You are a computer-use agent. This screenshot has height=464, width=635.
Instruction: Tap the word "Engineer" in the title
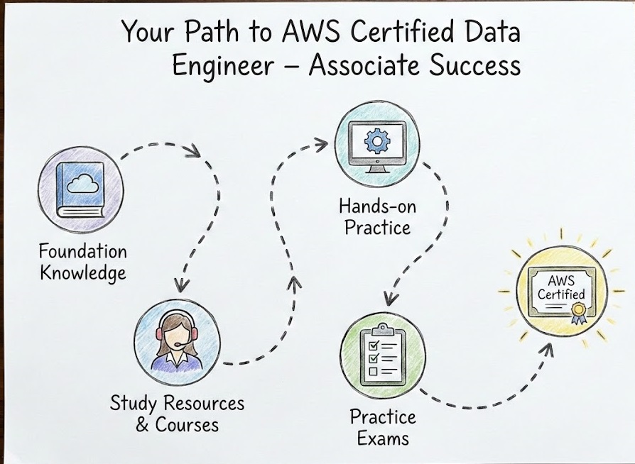pos(223,66)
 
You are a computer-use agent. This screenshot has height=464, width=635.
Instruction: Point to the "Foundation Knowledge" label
pos(82,262)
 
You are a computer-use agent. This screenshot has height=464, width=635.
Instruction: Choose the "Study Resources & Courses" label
pos(177,414)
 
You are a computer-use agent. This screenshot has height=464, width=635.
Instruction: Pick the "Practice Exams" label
pos(383,427)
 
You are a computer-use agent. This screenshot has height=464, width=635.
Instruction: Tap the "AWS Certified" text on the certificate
pos(561,287)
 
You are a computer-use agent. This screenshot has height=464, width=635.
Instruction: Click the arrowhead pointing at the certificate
pos(550,348)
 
